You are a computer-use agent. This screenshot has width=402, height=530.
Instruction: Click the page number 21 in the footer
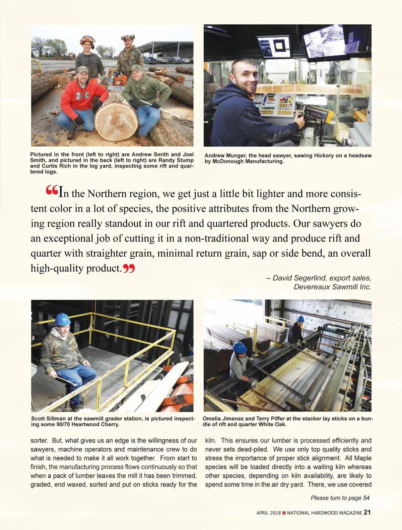click(x=367, y=512)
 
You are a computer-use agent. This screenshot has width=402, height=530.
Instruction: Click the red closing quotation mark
click(x=129, y=268)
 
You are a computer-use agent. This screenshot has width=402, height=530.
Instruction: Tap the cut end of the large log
click(x=116, y=121)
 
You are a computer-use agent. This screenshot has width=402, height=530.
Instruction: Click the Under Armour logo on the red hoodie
click(x=82, y=95)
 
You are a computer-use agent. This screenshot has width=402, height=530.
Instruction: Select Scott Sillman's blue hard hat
click(x=62, y=319)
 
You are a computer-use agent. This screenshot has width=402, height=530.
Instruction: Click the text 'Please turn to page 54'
click(x=340, y=498)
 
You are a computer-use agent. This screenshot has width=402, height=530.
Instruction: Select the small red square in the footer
click(x=284, y=513)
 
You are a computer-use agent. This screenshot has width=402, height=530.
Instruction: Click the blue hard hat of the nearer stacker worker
click(x=240, y=347)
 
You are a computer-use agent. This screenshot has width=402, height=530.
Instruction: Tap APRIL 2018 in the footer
click(x=269, y=513)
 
